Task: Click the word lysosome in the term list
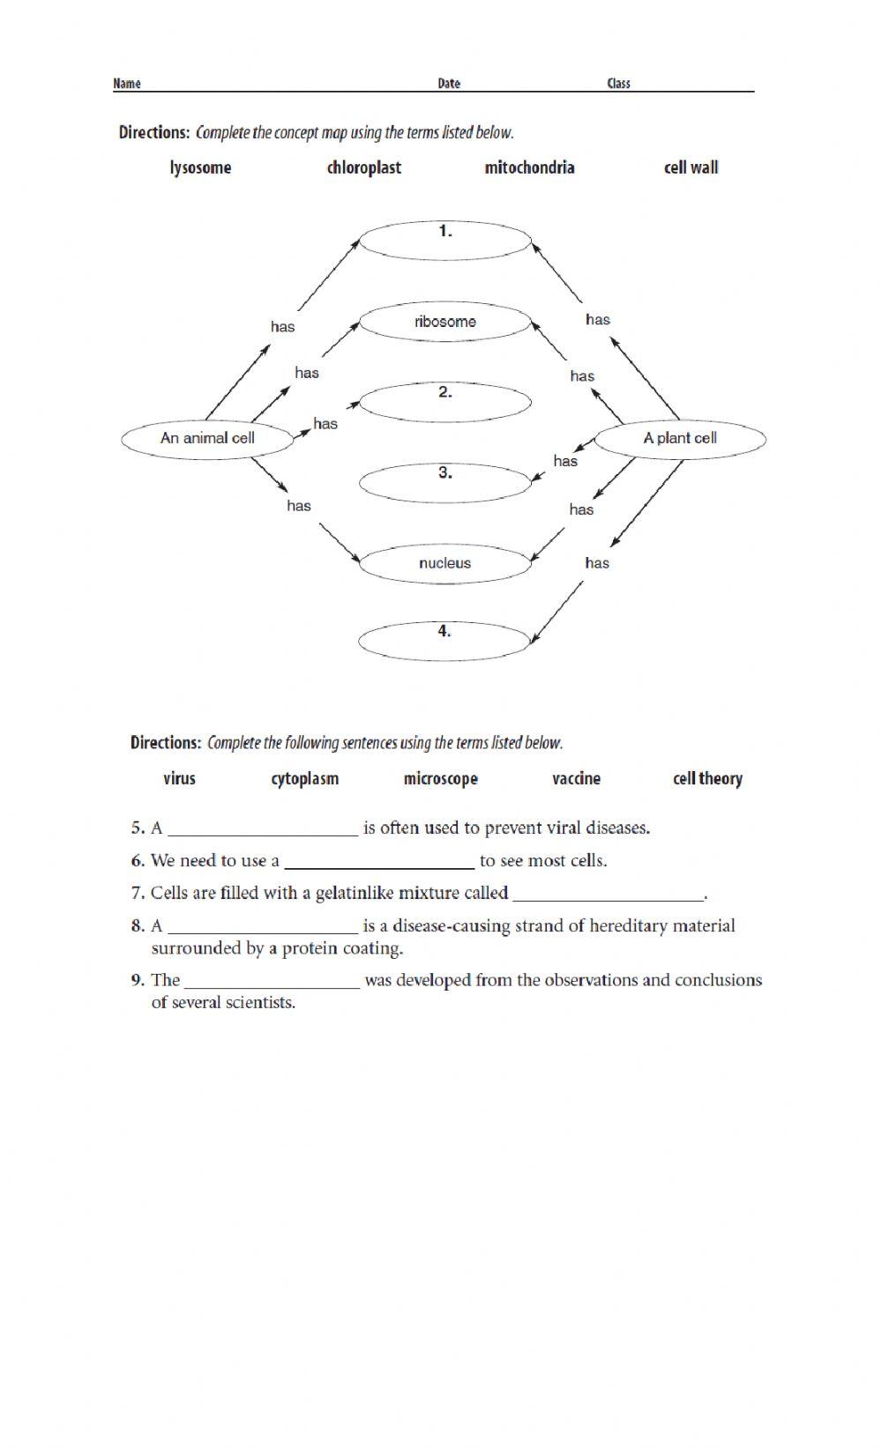pyautogui.click(x=200, y=167)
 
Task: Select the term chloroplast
pyautogui.click(x=363, y=167)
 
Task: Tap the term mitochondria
pyautogui.click(x=529, y=167)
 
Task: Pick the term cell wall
pyautogui.click(x=691, y=167)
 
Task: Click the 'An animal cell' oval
pyautogui.click(x=207, y=438)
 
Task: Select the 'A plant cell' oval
pyautogui.click(x=679, y=438)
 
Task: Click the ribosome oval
pyautogui.click(x=445, y=322)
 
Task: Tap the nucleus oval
pyautogui.click(x=445, y=563)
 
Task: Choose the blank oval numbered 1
pyautogui.click(x=445, y=241)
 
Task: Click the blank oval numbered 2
pyautogui.click(x=445, y=402)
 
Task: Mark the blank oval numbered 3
pyautogui.click(x=445, y=482)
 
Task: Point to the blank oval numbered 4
pyautogui.click(x=445, y=641)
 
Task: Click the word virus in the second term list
pyautogui.click(x=179, y=778)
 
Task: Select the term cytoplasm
pyautogui.click(x=304, y=778)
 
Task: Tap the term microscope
pyautogui.click(x=440, y=778)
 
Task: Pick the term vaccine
pyautogui.click(x=576, y=778)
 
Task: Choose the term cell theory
pyautogui.click(x=707, y=778)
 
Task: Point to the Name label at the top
pyautogui.click(x=127, y=84)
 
